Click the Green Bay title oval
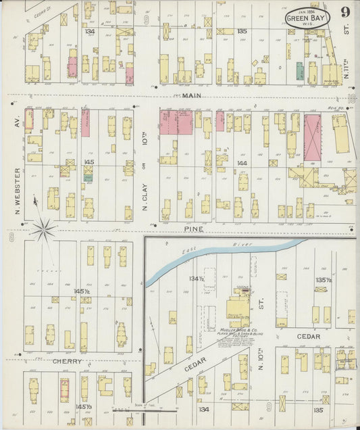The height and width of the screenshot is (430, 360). (x=307, y=18)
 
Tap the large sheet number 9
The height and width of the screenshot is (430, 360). (x=345, y=12)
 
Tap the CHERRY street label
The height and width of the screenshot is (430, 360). (x=68, y=361)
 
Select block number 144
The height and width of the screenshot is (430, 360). (x=243, y=164)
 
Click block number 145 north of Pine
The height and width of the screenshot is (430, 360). (x=89, y=162)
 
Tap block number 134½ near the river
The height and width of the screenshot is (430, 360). (x=197, y=278)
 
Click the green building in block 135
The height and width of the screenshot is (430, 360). (x=299, y=71)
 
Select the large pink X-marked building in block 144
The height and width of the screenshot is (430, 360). (x=312, y=137)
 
